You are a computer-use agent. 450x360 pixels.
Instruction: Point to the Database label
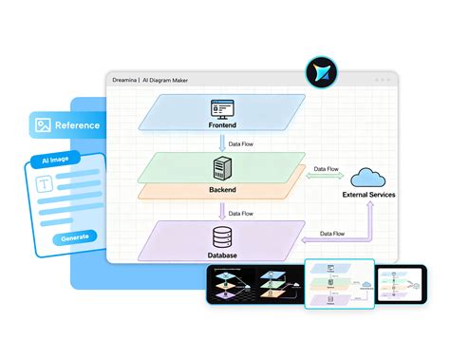[x=224, y=256]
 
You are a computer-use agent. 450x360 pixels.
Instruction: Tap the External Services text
[x=368, y=195]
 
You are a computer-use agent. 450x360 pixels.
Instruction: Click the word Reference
[x=78, y=124]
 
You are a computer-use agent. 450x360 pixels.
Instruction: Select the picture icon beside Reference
[x=42, y=124]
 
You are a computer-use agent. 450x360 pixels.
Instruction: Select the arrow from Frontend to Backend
[x=223, y=142]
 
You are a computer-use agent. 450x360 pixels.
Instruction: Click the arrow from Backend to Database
[x=223, y=211]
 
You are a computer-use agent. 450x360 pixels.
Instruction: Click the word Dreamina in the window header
[x=125, y=79]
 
